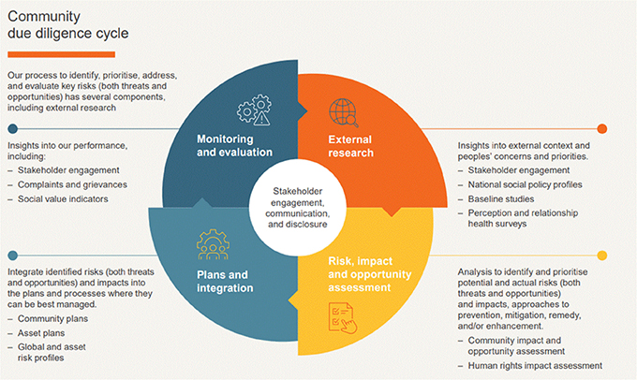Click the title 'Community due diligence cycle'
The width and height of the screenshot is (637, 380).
tap(68, 24)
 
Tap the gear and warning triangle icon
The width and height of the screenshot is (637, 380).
tap(253, 111)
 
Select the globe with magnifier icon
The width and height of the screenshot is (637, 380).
tap(344, 112)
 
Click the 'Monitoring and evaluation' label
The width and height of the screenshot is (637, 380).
tap(234, 144)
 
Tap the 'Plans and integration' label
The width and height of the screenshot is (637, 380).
tap(225, 281)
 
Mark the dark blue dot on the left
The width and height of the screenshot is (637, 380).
tap(12, 129)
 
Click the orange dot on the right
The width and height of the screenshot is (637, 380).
tap(602, 129)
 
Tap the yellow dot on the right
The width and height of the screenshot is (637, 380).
tap(602, 256)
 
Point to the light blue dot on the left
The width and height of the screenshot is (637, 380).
tap(12, 256)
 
